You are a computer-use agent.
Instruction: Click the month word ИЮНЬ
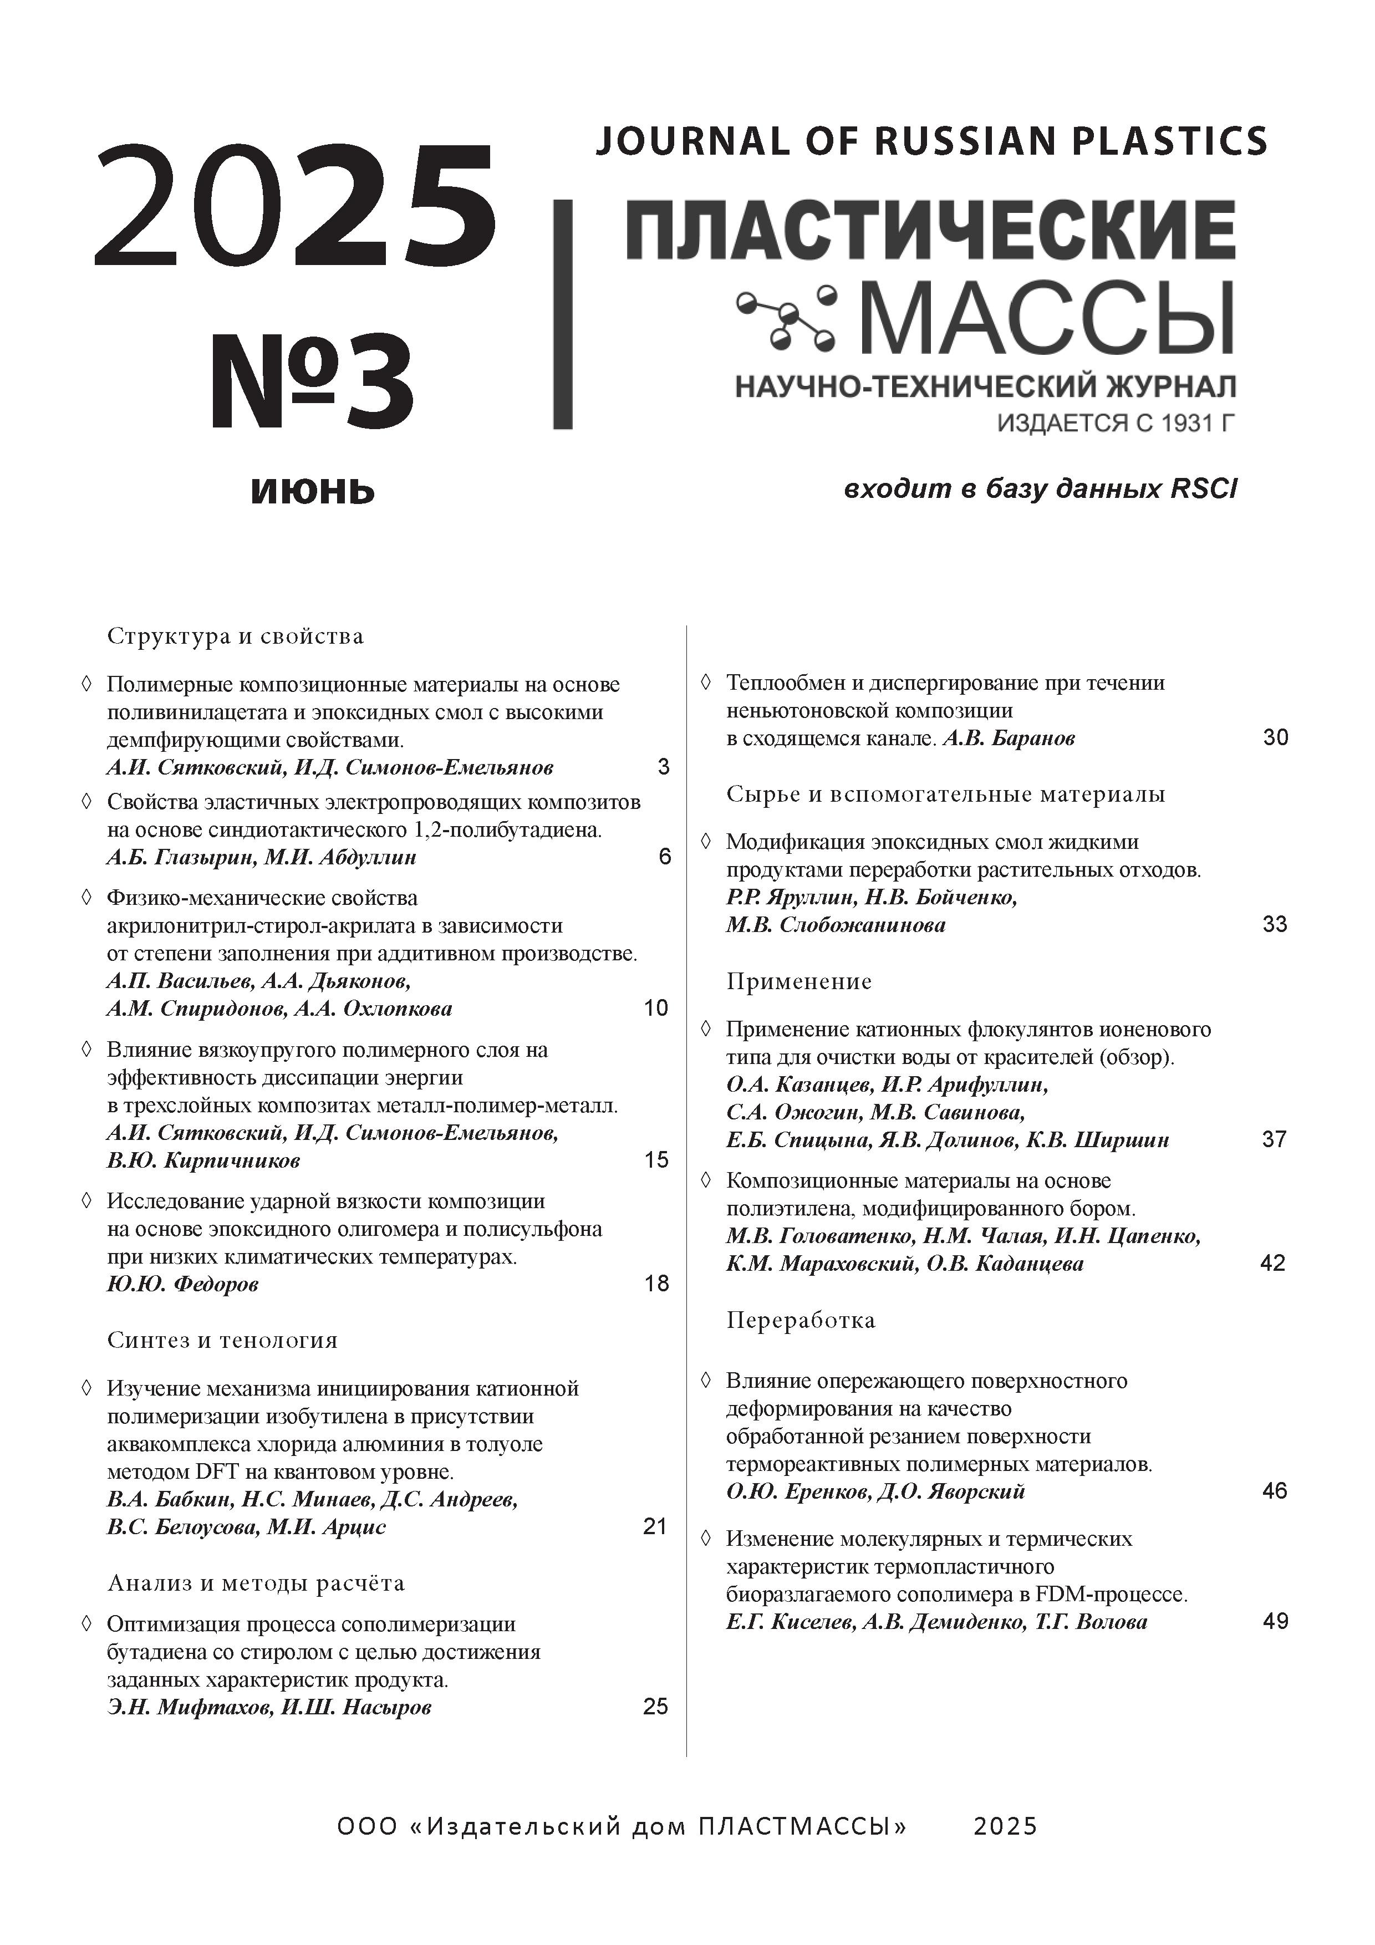tap(312, 491)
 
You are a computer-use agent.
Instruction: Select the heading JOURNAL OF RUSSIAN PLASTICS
tap(931, 141)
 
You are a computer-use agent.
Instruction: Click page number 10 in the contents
tap(656, 1008)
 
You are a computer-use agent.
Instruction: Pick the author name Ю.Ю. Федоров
tap(183, 1284)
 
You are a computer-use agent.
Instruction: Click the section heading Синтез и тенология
tap(222, 1340)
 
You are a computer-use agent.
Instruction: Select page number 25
tap(655, 1707)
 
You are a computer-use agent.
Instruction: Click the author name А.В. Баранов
tap(1009, 738)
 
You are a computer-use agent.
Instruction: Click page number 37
tap(1274, 1139)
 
